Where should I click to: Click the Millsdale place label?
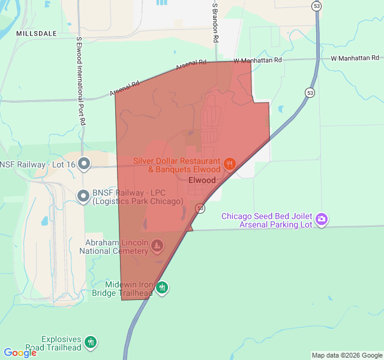pos(37,33)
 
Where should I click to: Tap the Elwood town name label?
pos(202,180)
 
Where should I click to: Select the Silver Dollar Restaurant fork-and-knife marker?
pos(229,164)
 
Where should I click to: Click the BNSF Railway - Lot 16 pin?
pos(84,163)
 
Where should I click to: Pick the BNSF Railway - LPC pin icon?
pos(84,195)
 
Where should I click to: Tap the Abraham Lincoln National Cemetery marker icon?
pos(157,245)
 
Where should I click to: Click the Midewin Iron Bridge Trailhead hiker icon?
pos(162,288)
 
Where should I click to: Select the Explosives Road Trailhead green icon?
pos(91,342)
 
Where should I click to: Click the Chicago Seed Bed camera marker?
pos(322,220)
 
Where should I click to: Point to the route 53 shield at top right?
pos(316,6)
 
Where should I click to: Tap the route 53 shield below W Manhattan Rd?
pos(310,92)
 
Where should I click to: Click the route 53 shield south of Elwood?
pos(200,208)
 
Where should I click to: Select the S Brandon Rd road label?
pos(215,21)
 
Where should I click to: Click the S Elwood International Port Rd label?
pos(80,81)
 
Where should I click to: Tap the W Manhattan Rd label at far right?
pos(355,58)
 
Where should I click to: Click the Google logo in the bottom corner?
pos(20,353)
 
